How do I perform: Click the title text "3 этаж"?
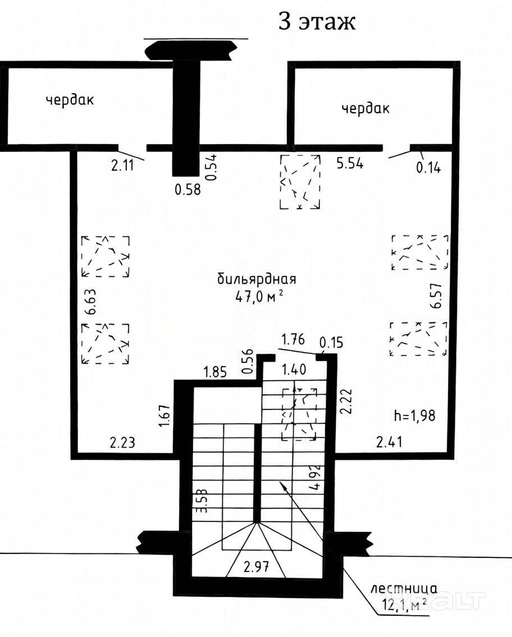point(317,21)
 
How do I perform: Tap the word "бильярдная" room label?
point(257,279)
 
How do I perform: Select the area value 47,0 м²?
point(259,297)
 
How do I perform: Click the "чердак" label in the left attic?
point(70,100)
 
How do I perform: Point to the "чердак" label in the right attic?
point(365,108)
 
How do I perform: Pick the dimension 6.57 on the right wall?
point(436,296)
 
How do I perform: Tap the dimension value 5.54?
point(350,163)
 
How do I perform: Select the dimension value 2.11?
point(122,165)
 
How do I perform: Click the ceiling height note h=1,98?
point(415,416)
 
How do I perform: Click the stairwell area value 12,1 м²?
point(404,604)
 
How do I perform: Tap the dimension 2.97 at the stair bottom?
point(256,566)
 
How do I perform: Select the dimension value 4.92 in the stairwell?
point(315,478)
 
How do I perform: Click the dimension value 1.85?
point(215,372)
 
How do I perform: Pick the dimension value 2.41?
point(389,442)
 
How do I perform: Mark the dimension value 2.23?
point(122,442)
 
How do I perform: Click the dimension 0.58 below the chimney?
point(188,190)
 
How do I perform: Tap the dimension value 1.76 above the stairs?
point(293,339)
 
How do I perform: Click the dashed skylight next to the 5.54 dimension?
point(300,182)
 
